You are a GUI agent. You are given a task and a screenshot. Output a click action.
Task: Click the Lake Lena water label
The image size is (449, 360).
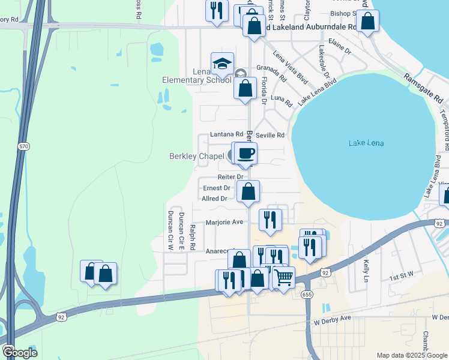coord(366,143)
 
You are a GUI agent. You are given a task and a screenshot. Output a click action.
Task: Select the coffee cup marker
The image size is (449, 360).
coord(246,154)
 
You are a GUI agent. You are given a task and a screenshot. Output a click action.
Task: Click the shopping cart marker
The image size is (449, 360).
coord(283,277)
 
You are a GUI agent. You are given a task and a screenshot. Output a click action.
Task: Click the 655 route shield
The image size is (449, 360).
coord(307,295)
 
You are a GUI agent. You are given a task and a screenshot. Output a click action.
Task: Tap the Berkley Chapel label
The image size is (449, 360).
coord(195,157)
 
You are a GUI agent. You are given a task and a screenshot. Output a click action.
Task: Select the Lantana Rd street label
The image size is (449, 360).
coord(226,135)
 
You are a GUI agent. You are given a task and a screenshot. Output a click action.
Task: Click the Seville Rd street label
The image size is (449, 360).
coord(270,135)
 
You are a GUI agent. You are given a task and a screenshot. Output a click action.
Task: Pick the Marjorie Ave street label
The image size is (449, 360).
coord(224,222)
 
